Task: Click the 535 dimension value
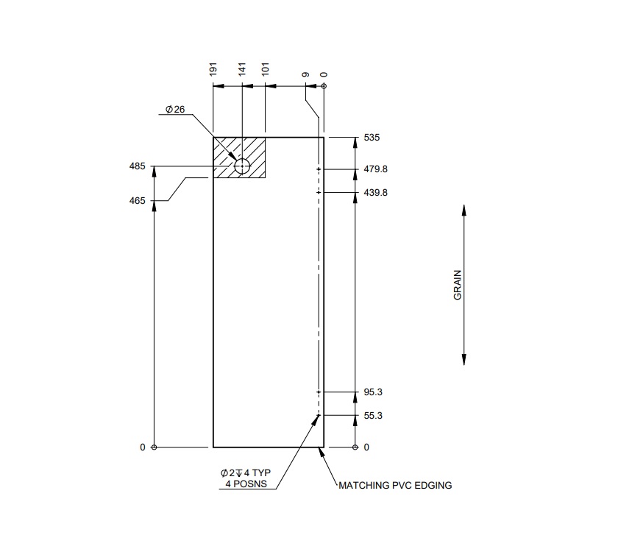(372, 138)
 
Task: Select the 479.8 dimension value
(375, 169)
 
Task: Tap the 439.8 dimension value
(375, 193)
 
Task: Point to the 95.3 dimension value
(372, 392)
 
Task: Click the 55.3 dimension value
(372, 416)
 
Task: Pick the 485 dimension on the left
(138, 166)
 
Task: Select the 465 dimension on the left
(138, 200)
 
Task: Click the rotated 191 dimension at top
(213, 70)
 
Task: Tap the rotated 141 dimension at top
(242, 70)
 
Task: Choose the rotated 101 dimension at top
(266, 70)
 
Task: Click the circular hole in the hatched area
(242, 167)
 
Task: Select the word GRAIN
(457, 285)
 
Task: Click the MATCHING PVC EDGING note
(395, 486)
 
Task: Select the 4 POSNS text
(246, 484)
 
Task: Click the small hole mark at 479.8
(319, 169)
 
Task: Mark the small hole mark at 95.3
(319, 392)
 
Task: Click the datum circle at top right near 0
(324, 86)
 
